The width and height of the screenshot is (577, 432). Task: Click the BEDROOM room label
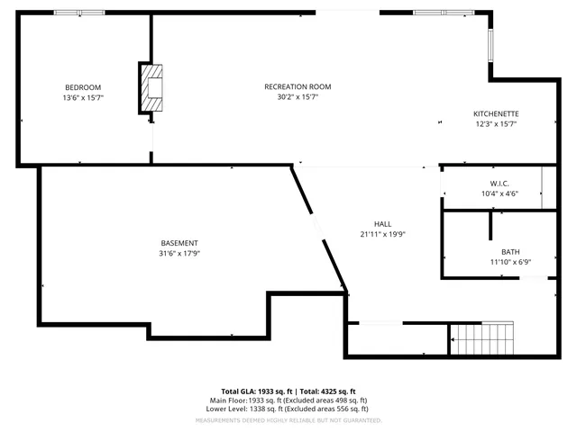(x=83, y=86)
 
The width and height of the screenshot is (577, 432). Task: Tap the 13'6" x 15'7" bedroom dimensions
(x=83, y=97)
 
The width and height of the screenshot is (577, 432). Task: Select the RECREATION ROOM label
(x=298, y=86)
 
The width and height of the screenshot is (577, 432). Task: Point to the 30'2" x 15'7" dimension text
(x=298, y=97)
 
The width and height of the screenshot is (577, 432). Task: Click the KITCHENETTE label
(x=496, y=113)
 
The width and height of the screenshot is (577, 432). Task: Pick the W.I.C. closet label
(x=489, y=183)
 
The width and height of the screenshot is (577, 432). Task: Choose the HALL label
(x=383, y=224)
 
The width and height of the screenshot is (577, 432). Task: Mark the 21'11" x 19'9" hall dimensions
(x=383, y=234)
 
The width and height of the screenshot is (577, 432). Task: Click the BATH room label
(x=510, y=252)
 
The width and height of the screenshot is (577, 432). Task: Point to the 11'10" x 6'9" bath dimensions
(x=510, y=263)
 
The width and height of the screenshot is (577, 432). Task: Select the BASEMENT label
(x=179, y=243)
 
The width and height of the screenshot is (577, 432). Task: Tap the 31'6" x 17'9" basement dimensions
(x=179, y=254)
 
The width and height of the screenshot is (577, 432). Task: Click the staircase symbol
(x=482, y=339)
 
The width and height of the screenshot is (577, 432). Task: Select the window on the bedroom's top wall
(x=79, y=13)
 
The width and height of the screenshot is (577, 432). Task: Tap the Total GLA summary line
(x=288, y=391)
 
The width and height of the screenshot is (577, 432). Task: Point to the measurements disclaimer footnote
(x=288, y=419)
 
